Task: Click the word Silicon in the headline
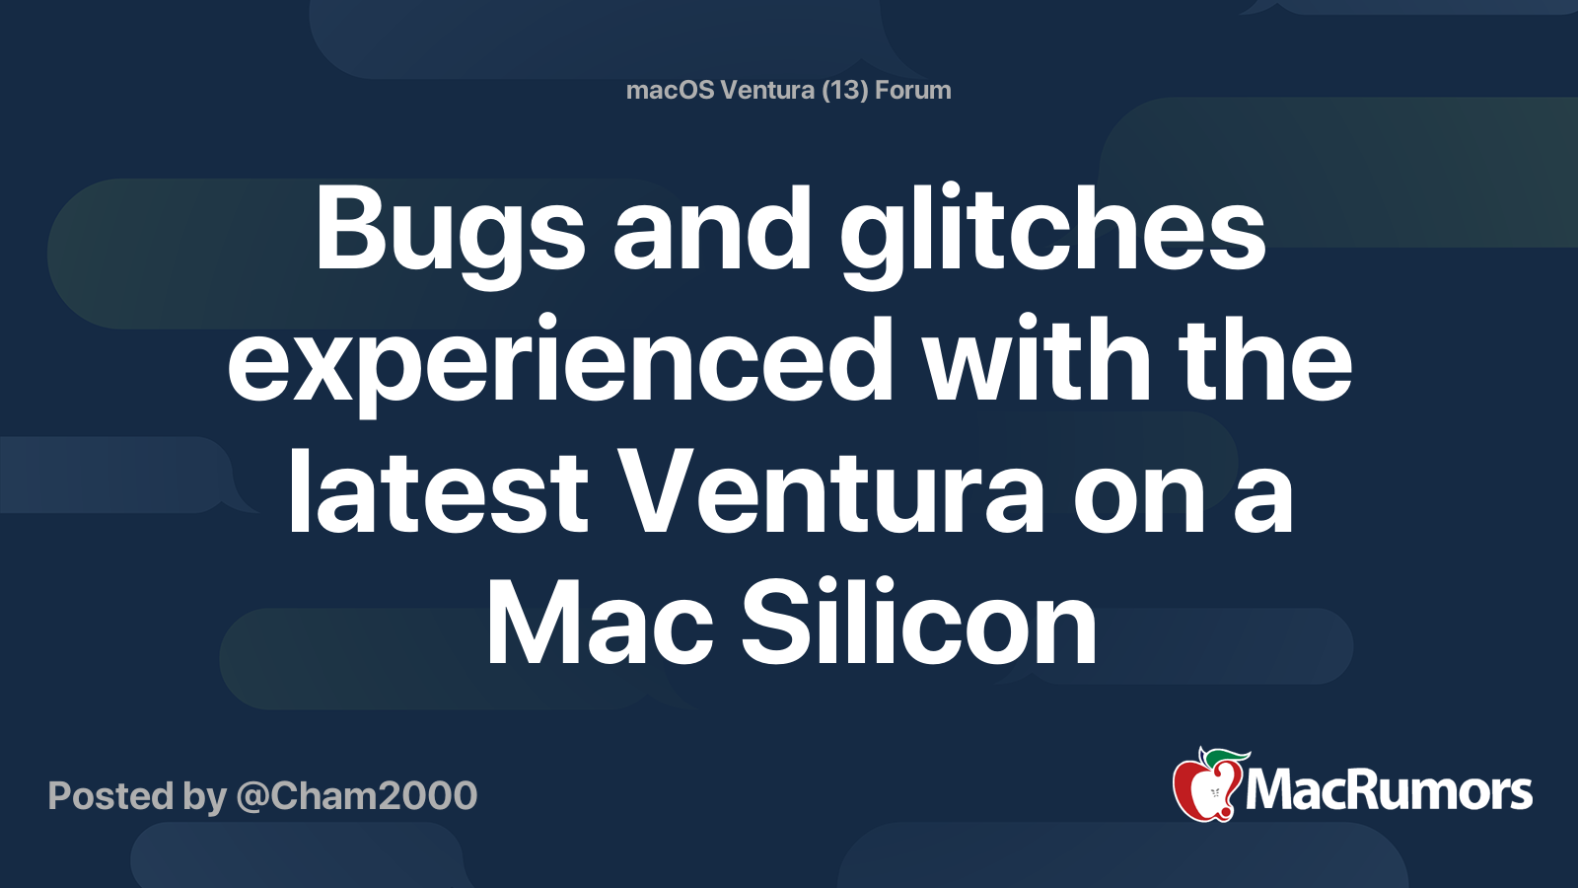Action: point(918,621)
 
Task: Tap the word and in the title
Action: point(712,229)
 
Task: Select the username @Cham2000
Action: point(357,796)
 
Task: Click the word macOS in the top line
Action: point(670,90)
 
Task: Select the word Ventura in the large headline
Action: point(831,491)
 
